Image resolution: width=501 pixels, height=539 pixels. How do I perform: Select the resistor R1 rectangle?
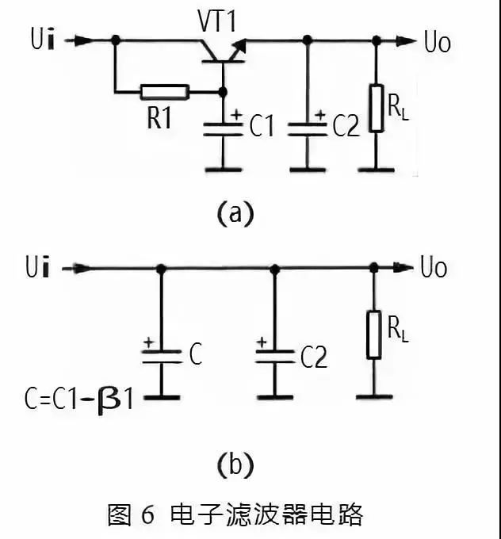pos(165,92)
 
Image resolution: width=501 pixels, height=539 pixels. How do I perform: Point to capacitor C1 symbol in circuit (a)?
pos(224,128)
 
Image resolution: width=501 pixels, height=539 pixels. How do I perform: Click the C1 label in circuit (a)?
pos(261,127)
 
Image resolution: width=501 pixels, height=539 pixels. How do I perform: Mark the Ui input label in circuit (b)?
pos(44,268)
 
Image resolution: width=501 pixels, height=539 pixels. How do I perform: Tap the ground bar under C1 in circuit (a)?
pos(224,169)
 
